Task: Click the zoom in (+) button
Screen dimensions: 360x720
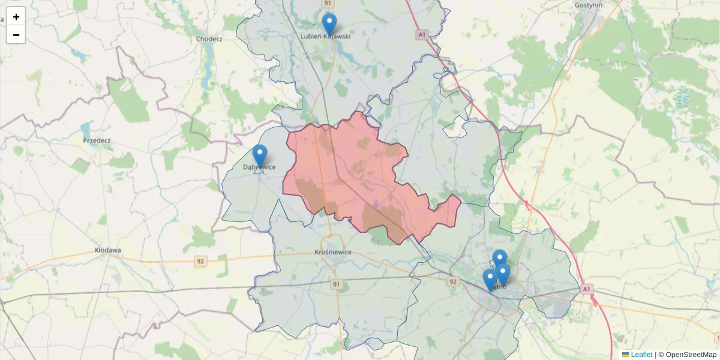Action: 16,17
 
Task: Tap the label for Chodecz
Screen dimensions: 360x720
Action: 209,39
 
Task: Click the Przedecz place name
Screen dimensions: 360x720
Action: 97,140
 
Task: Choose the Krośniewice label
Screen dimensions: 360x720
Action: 332,253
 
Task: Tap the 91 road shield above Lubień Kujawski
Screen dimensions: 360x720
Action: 328,4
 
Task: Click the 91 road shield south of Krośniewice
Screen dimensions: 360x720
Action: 337,284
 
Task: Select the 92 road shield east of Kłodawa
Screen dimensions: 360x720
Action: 200,261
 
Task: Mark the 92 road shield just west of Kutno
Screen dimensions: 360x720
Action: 452,281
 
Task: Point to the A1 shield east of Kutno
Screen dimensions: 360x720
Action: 587,290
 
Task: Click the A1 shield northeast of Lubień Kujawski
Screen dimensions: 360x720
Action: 422,35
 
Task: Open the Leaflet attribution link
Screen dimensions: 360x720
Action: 641,355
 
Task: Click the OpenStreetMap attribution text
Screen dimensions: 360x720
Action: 691,355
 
